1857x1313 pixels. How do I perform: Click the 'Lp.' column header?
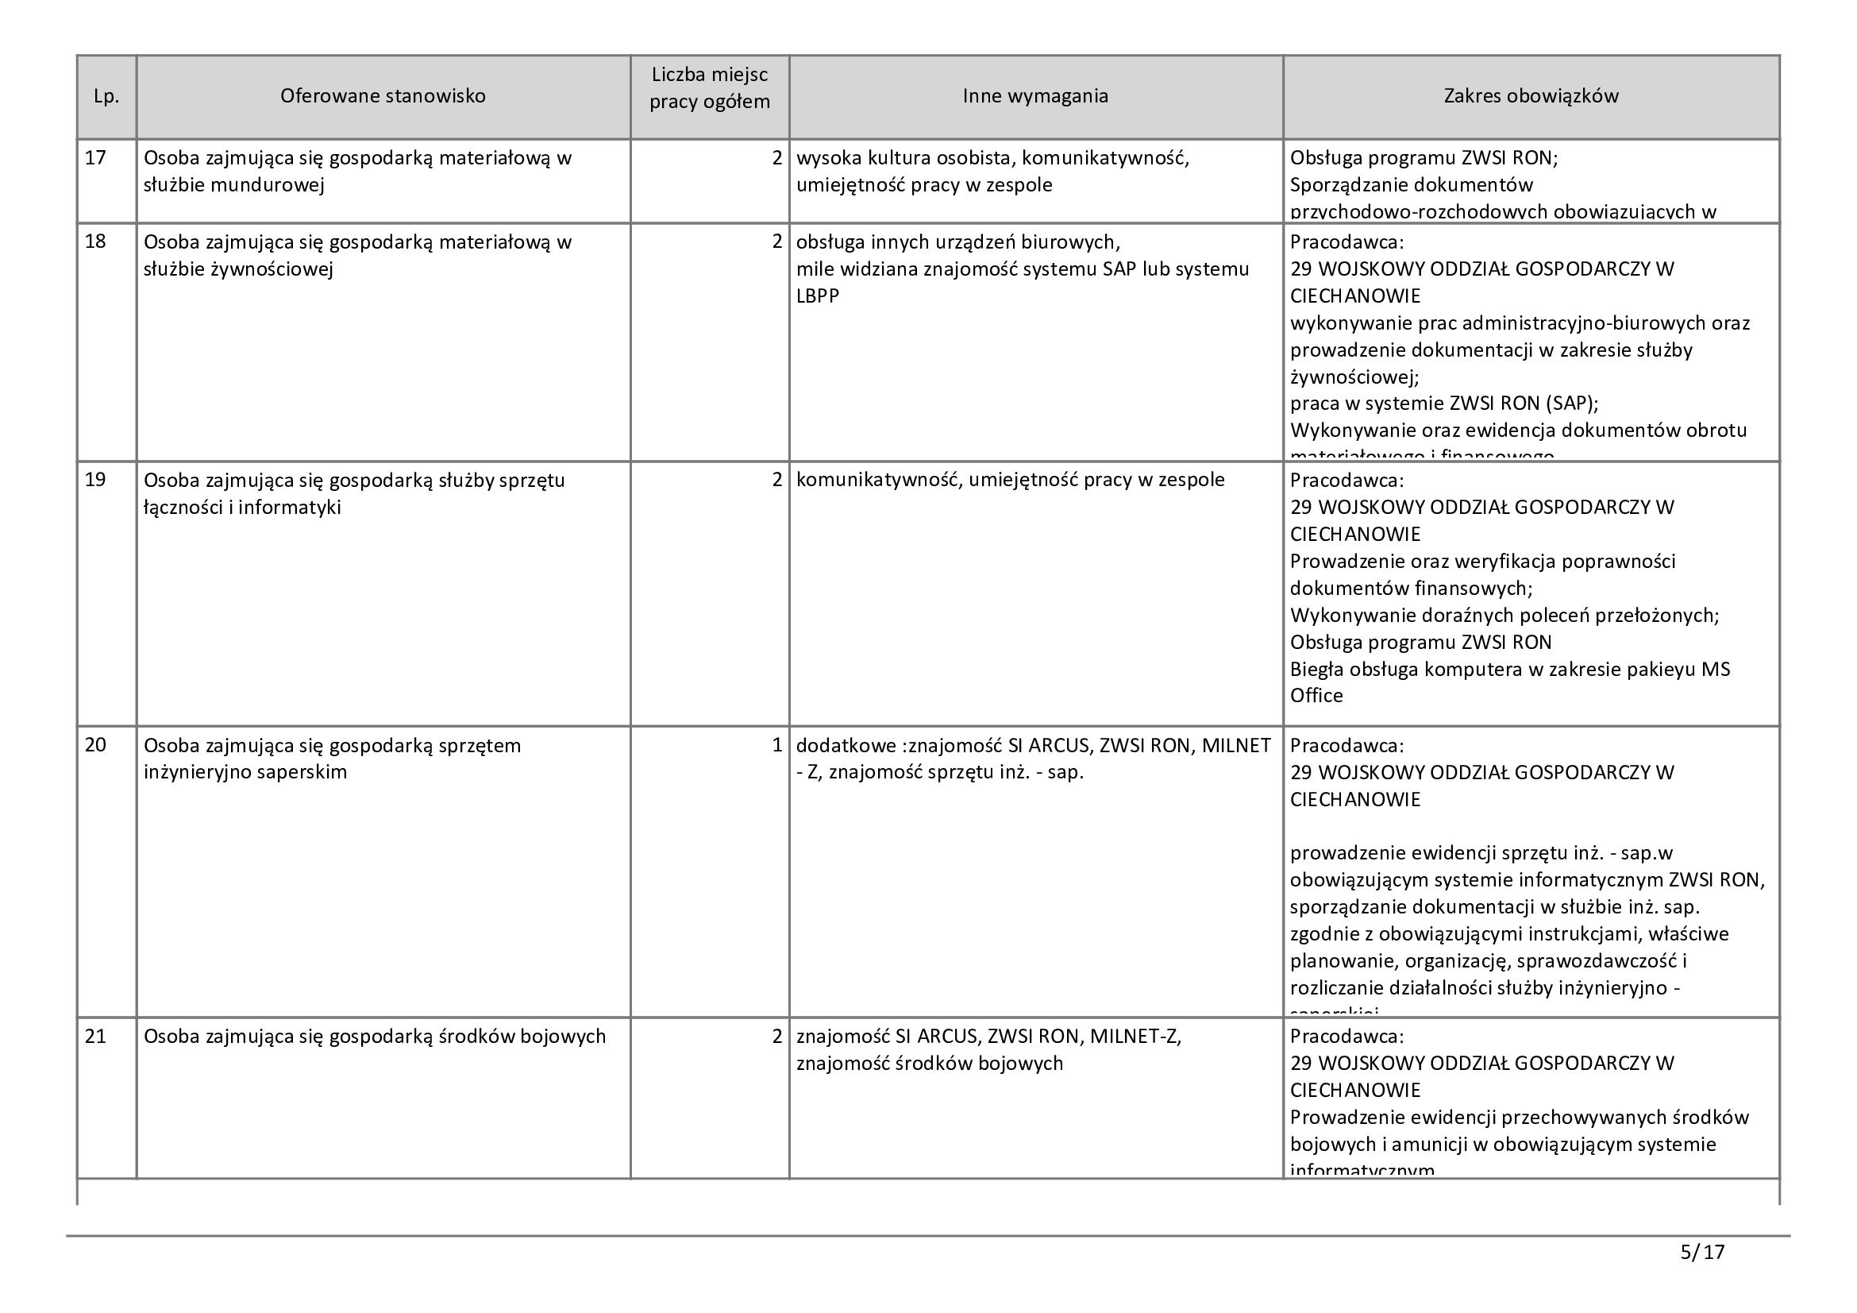coord(106,96)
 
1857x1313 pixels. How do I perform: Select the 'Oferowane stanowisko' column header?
coord(383,96)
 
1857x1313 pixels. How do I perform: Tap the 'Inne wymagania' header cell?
coord(1035,96)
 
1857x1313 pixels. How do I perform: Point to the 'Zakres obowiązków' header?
coord(1531,96)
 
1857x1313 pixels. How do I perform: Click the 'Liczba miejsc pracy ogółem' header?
coord(709,89)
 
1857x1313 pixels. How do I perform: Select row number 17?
coord(95,158)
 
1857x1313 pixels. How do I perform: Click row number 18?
coord(95,242)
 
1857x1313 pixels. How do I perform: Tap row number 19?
coord(95,480)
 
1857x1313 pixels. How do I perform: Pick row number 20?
coord(95,745)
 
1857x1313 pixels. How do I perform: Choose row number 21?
coord(95,1037)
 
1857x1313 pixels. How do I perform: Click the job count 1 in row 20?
coord(776,745)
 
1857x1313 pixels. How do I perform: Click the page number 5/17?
coord(1702,1253)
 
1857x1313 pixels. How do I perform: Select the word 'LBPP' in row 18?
coord(818,296)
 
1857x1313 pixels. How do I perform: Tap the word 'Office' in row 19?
coord(1316,696)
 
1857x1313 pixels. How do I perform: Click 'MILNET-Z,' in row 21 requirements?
coord(1135,1037)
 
